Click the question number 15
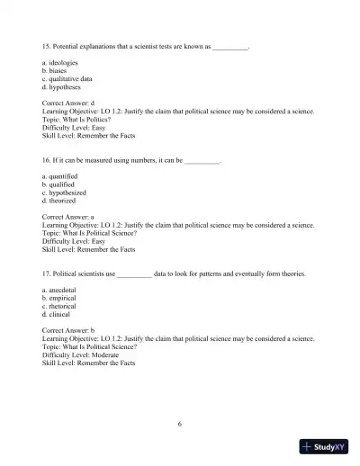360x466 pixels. (47, 44)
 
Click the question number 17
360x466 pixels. (47, 273)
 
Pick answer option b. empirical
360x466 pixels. (61, 299)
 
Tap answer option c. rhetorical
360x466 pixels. (61, 307)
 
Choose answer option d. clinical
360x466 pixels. (58, 315)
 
